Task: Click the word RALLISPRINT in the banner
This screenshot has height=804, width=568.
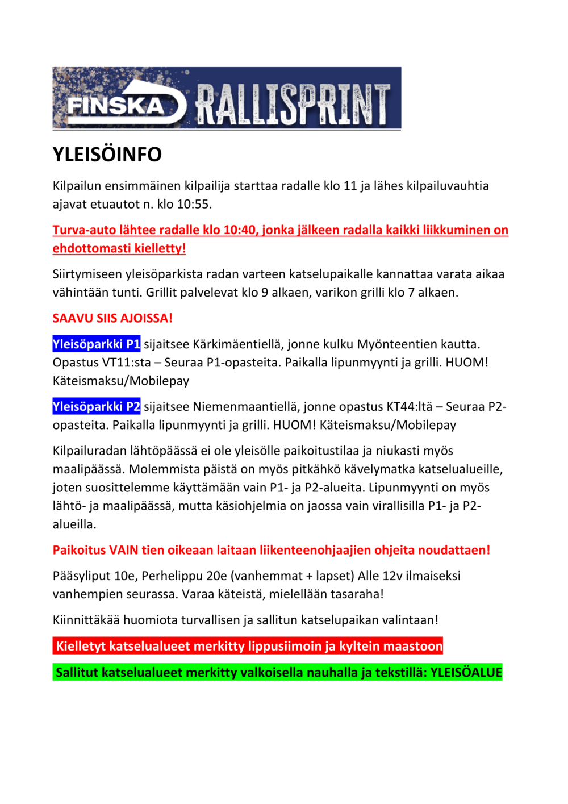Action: click(293, 104)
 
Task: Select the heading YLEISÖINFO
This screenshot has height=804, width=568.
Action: click(107, 155)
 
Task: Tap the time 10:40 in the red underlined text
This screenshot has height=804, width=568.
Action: click(239, 230)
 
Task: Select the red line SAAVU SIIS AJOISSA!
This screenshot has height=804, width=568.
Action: click(112, 318)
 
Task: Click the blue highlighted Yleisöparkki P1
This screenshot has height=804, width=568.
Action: click(97, 344)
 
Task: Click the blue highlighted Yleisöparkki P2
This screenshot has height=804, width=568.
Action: click(97, 407)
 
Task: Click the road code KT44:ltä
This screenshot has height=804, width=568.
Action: click(410, 407)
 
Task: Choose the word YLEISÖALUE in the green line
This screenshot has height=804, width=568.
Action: click(466, 673)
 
